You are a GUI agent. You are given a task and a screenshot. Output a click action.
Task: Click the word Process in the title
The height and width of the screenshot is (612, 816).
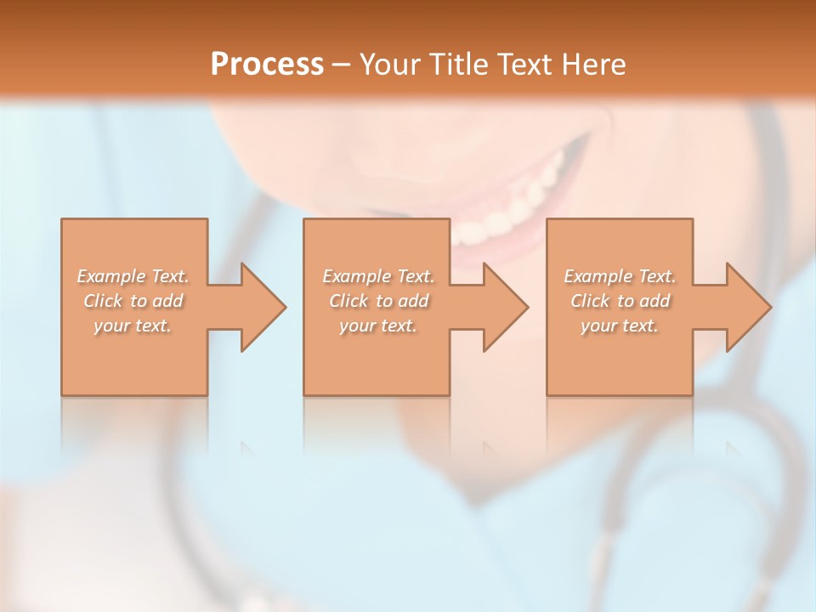point(267,64)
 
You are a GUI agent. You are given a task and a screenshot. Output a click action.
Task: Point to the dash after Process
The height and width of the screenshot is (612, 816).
point(341,65)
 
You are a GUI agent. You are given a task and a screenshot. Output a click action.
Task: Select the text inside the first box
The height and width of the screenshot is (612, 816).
point(133,301)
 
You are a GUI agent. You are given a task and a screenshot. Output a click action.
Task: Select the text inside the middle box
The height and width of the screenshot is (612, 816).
point(377,301)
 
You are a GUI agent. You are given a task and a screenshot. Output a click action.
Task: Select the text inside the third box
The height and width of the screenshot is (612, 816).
point(620,301)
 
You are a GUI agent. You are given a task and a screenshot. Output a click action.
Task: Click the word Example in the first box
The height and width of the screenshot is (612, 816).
point(111,276)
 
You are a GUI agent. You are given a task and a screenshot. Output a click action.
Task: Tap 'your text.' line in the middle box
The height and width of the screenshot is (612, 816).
point(377,326)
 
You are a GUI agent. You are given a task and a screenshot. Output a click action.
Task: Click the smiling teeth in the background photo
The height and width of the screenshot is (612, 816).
point(501,212)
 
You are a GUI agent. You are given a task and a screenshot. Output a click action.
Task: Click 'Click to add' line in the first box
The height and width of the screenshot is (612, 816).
point(133,301)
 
